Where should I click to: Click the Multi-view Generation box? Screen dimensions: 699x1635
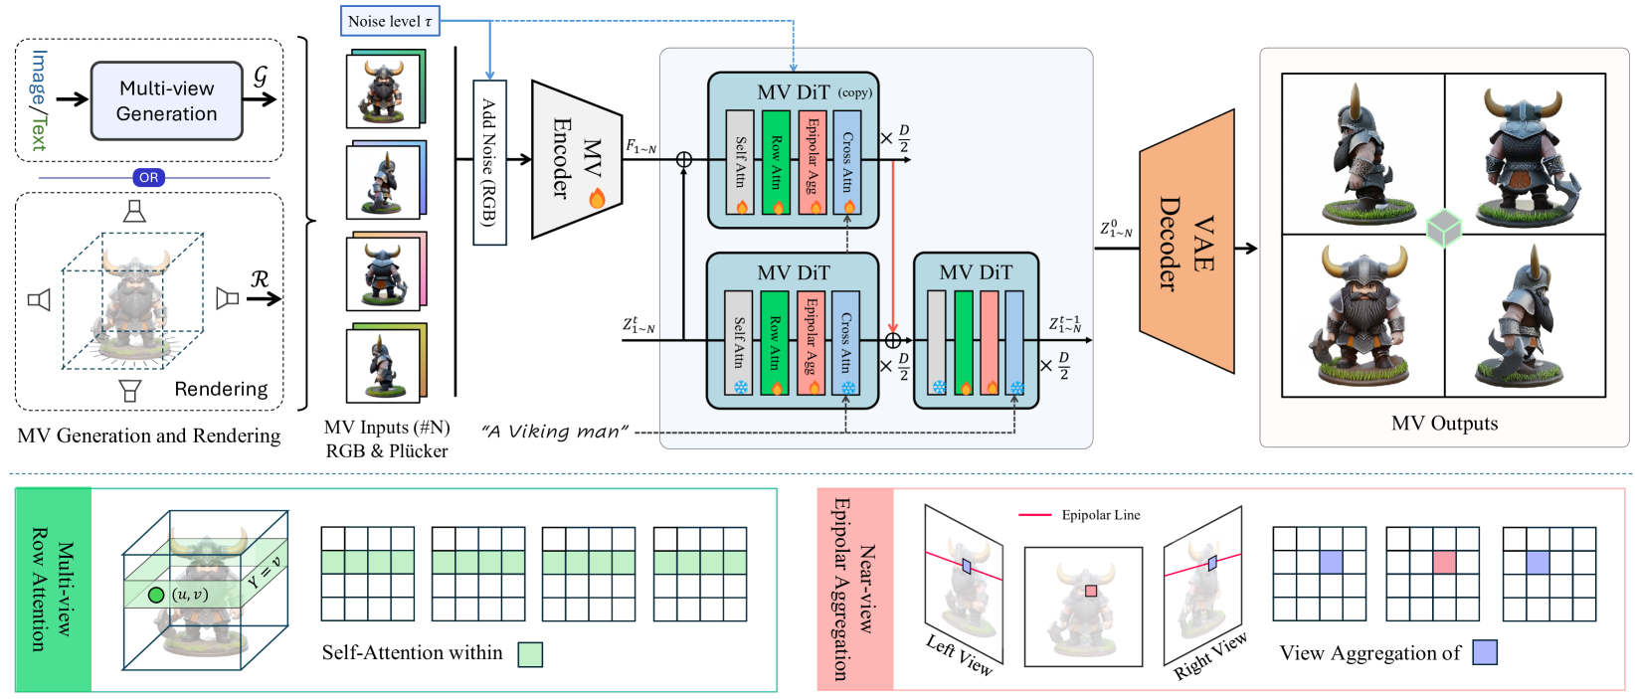tap(166, 100)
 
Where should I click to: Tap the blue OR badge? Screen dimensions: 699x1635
tap(148, 178)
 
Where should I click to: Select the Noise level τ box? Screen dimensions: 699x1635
tap(389, 21)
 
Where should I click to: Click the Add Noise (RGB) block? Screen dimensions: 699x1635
tap(489, 162)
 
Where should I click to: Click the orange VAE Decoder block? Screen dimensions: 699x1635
tap(1186, 243)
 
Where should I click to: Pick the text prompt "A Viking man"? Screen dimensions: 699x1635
tap(554, 432)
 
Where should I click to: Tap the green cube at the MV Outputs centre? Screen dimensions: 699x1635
tap(1443, 229)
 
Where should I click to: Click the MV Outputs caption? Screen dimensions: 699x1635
tap(1444, 424)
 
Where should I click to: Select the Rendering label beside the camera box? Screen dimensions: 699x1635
tap(221, 389)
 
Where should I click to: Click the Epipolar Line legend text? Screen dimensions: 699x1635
tap(1100, 515)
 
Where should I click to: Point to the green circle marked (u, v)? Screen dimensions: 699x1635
tap(155, 595)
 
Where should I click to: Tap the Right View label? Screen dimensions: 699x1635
tap(1209, 656)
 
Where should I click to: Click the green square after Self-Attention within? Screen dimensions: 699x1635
tap(530, 654)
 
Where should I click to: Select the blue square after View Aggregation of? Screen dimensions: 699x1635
tap(1485, 652)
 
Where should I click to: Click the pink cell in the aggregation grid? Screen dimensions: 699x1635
tap(1444, 563)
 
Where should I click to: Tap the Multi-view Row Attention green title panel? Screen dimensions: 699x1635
tap(54, 589)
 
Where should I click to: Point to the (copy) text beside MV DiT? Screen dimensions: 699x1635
tap(854, 92)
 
